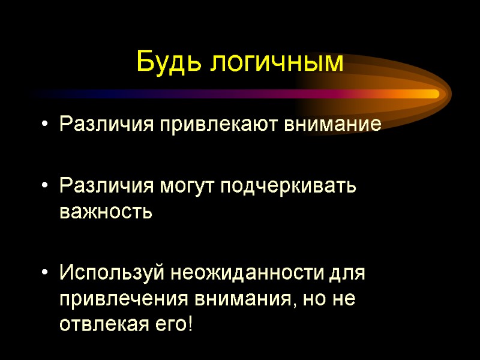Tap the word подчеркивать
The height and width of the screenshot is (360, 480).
pyautogui.click(x=289, y=187)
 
